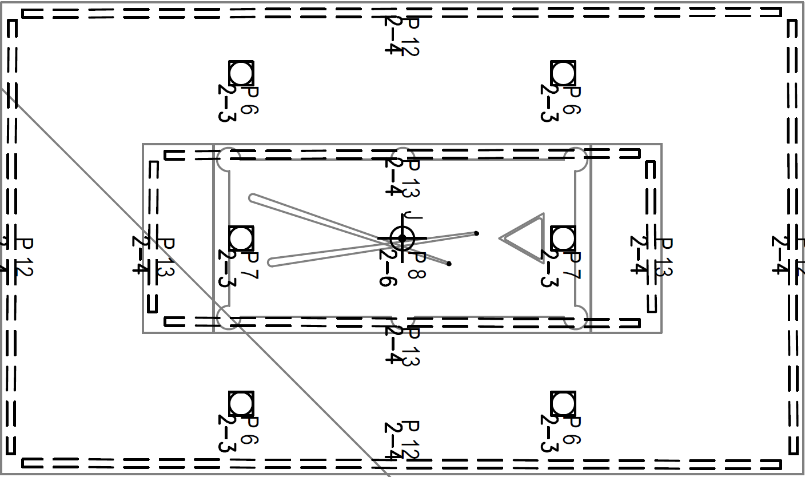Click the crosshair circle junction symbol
point(402,238)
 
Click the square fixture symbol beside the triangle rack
point(563,238)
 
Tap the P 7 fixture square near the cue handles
point(241,238)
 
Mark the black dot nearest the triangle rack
point(477,233)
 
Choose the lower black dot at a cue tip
point(449,264)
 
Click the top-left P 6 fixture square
point(241,73)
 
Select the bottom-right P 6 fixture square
point(563,404)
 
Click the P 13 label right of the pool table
point(662,257)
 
